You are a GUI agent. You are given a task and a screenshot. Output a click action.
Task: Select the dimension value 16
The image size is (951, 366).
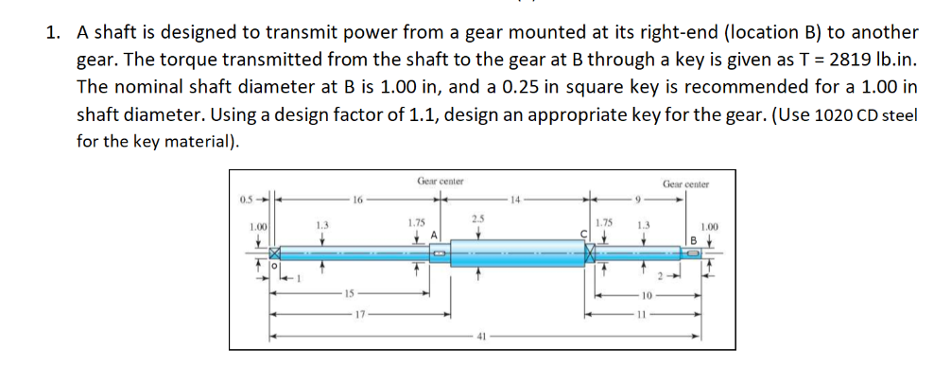coord(357,200)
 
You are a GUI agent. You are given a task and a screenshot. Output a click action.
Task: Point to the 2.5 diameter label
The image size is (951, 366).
coord(477,220)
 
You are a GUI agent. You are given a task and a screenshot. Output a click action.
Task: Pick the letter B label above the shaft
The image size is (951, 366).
coord(696,239)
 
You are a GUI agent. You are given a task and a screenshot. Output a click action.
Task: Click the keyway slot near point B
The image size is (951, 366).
coord(695,253)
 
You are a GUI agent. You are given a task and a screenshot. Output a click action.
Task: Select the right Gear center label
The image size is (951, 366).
coord(685,184)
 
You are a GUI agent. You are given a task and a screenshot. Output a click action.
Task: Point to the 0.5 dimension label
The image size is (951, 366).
coord(246,200)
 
